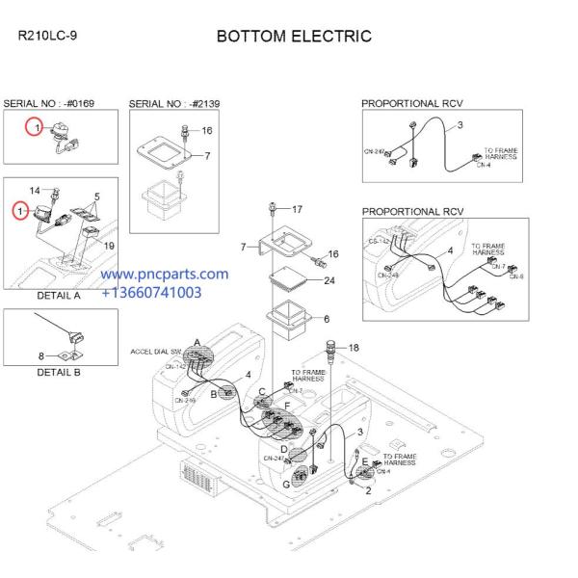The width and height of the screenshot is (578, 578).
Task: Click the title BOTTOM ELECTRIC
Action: [x=294, y=37]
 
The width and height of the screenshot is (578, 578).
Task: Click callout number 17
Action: [x=297, y=209]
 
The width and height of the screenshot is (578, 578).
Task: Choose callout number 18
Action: [x=354, y=347]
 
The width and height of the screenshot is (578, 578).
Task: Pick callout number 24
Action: [x=329, y=282]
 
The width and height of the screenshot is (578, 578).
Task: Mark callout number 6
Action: [x=326, y=319]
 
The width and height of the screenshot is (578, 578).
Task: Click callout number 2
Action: [x=367, y=491]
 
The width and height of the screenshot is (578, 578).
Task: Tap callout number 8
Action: [x=40, y=356]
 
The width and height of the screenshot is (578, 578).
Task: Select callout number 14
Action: [x=35, y=192]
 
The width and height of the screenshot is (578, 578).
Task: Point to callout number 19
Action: [x=109, y=247]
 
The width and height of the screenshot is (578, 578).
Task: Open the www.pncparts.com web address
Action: [x=165, y=275]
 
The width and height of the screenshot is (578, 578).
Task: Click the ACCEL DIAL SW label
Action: [x=156, y=353]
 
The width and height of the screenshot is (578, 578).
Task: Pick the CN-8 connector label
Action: [x=517, y=277]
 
